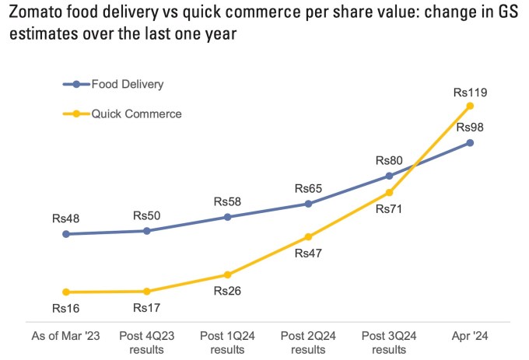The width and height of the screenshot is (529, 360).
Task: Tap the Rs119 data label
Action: point(470,93)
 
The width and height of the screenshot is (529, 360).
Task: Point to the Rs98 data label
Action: point(470,128)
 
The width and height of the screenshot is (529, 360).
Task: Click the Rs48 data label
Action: point(66,219)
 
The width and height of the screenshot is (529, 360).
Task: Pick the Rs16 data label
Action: point(66,308)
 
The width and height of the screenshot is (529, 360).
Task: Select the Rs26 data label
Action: point(227,292)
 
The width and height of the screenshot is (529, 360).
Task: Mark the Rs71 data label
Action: point(390,208)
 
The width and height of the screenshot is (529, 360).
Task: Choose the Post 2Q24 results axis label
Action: point(308,342)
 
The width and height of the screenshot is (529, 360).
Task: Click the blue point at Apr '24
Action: point(470,143)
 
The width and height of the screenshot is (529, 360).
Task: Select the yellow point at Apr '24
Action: point(470,106)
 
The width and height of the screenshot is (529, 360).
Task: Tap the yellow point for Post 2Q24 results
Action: point(308,236)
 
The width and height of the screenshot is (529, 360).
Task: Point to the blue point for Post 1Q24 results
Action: point(227,217)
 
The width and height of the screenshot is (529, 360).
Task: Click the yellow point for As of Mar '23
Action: point(66,292)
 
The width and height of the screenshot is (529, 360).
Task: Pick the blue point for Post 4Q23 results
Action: point(147,231)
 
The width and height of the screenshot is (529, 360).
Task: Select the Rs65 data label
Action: point(308,189)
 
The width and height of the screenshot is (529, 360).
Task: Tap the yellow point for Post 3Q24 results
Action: point(390,192)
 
